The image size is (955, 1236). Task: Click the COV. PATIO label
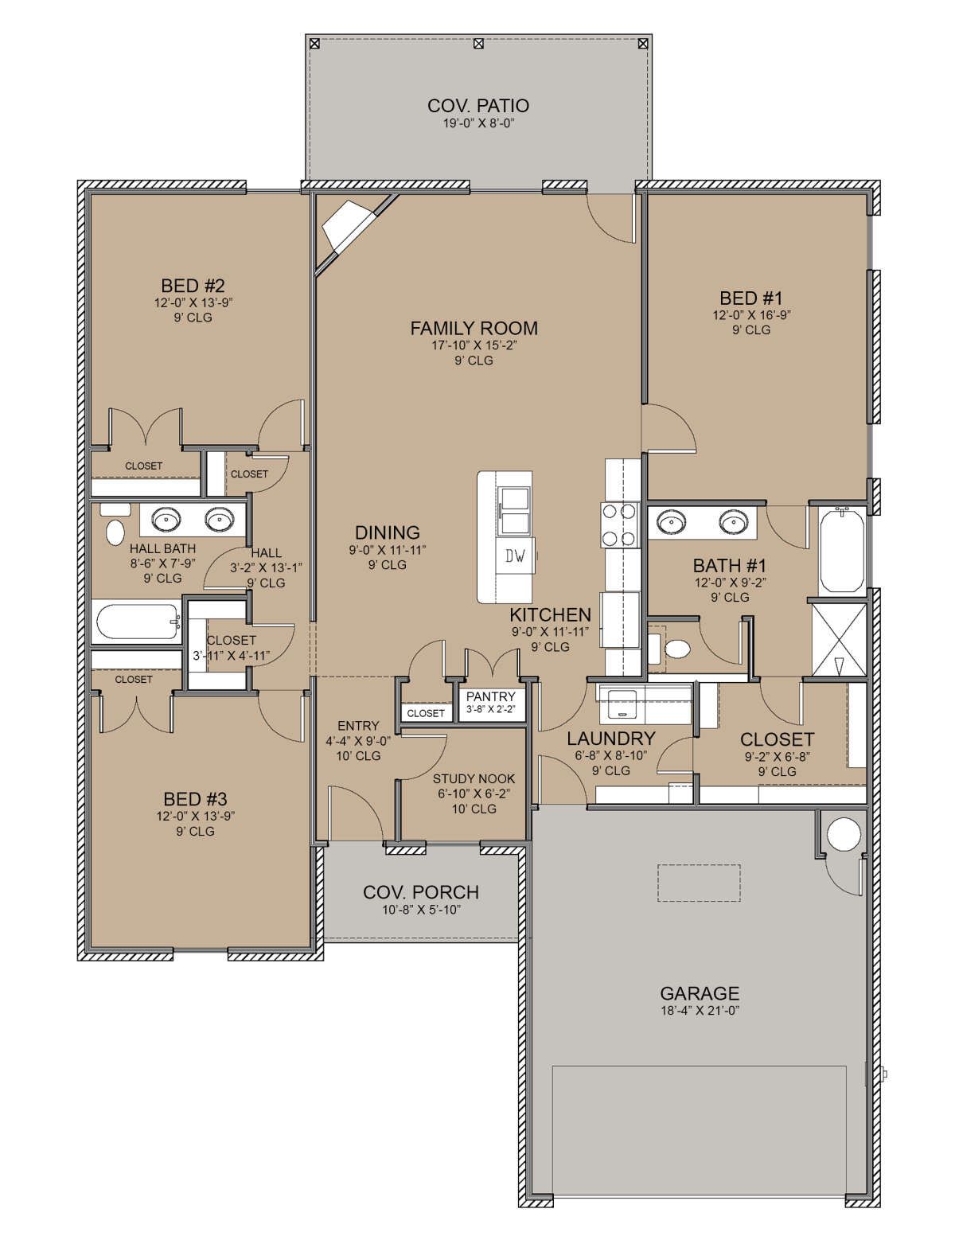pyautogui.click(x=477, y=106)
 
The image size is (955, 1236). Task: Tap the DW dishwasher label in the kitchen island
pyautogui.click(x=516, y=556)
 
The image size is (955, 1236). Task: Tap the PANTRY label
pyautogui.click(x=490, y=696)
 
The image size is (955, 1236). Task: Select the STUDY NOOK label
pyautogui.click(x=474, y=778)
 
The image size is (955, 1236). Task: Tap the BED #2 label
pyautogui.click(x=193, y=286)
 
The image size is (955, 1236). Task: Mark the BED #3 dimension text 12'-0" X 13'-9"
pyautogui.click(x=196, y=816)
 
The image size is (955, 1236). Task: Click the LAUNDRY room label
pyautogui.click(x=611, y=739)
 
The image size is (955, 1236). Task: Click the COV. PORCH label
pyautogui.click(x=421, y=892)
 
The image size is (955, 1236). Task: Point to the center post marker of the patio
pyautogui.click(x=478, y=43)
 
